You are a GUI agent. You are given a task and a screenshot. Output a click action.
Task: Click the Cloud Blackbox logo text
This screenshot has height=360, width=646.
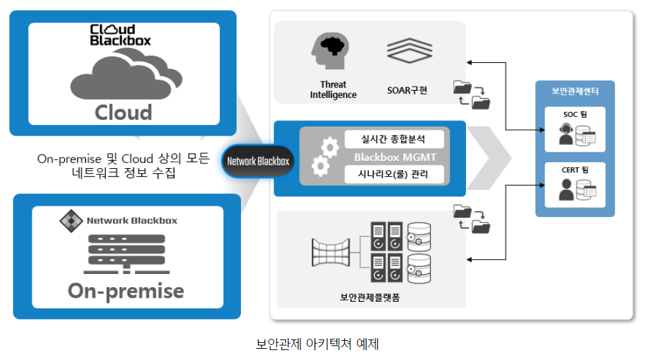point(120,35)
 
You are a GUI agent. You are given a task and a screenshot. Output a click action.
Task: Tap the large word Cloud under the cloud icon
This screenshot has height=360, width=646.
point(124,112)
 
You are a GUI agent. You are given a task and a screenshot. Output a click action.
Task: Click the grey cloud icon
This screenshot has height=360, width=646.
point(126,73)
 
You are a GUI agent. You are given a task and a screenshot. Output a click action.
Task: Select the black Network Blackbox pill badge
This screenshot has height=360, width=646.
point(258,161)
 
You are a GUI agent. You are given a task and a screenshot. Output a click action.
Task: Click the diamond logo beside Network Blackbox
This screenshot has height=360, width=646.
point(71,221)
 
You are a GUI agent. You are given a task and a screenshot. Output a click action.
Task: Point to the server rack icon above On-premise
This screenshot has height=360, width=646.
point(126,253)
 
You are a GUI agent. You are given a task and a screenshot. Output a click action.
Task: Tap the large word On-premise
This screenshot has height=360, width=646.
point(126,291)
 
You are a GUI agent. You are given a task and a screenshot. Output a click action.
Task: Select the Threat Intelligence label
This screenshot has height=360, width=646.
point(334,90)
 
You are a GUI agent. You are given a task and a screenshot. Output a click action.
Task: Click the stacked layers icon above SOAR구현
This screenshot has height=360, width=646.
point(410,50)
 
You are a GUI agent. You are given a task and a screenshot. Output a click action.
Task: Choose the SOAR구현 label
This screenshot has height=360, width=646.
point(407,90)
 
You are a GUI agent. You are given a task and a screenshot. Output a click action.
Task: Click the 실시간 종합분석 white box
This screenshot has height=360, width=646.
point(394,139)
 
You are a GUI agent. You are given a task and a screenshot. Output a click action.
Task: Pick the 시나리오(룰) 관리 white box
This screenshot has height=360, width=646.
point(394,174)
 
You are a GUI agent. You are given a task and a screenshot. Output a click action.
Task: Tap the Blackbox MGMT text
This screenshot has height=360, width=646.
point(395,157)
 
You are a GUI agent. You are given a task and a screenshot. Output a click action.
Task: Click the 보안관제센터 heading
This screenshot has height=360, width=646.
point(575,91)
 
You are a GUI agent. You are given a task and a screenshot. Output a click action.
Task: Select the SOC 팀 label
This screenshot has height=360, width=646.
point(575,114)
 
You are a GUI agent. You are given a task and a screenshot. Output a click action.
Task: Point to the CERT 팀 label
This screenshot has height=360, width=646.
point(575,169)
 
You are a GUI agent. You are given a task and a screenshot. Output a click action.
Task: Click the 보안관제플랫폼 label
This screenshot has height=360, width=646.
point(370,297)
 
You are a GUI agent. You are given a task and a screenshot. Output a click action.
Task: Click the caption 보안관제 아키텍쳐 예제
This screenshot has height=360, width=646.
point(317,343)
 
